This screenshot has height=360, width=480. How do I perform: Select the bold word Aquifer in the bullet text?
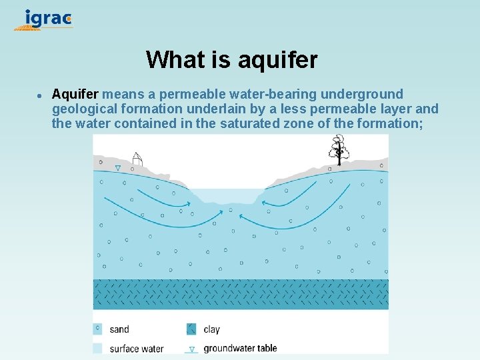click(75, 94)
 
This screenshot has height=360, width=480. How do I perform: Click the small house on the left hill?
click(137, 159)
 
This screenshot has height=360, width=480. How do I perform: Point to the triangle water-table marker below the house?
click(118, 169)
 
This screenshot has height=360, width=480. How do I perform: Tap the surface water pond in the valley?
click(225, 195)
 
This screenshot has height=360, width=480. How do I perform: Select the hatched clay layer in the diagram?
click(240, 294)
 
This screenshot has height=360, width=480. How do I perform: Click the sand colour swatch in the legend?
click(98, 329)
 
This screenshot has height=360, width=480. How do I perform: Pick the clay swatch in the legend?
click(191, 329)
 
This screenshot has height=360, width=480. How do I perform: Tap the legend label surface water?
click(137, 348)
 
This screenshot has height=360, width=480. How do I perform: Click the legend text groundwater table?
click(240, 348)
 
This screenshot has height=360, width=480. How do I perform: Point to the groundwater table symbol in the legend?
click(191, 349)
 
